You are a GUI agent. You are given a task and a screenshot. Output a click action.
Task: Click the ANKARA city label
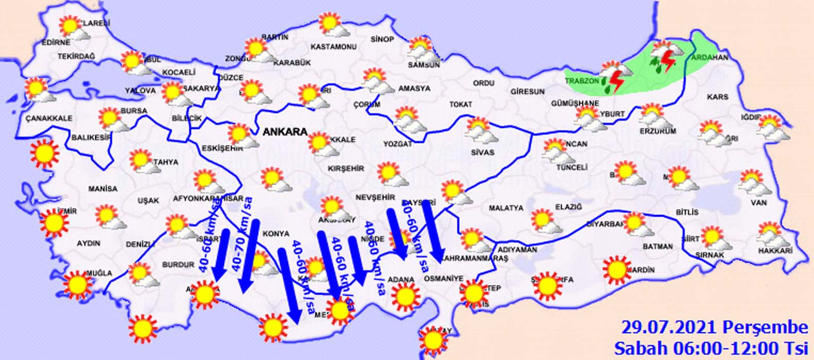point(285,132)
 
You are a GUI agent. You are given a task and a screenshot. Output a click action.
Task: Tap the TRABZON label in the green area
point(582,81)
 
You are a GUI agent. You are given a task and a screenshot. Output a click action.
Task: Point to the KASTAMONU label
point(334,47)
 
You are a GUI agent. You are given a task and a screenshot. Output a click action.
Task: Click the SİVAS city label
point(482,152)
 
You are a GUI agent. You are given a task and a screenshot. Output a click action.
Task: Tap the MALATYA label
point(506,208)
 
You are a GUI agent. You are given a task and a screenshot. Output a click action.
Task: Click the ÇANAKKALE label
point(49,118)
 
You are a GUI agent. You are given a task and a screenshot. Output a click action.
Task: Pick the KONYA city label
point(276,233)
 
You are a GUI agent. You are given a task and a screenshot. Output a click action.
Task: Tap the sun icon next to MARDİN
point(616,269)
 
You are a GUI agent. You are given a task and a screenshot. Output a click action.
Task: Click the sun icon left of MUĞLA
point(78,284)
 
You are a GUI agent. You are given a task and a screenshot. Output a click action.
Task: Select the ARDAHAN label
point(710,58)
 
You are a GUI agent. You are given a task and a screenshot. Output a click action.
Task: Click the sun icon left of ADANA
point(405,296)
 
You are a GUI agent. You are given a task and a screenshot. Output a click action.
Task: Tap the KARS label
point(717,97)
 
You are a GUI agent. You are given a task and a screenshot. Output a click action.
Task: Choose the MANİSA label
point(103,189)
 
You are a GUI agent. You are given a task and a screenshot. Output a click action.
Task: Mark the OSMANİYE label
point(443,278)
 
